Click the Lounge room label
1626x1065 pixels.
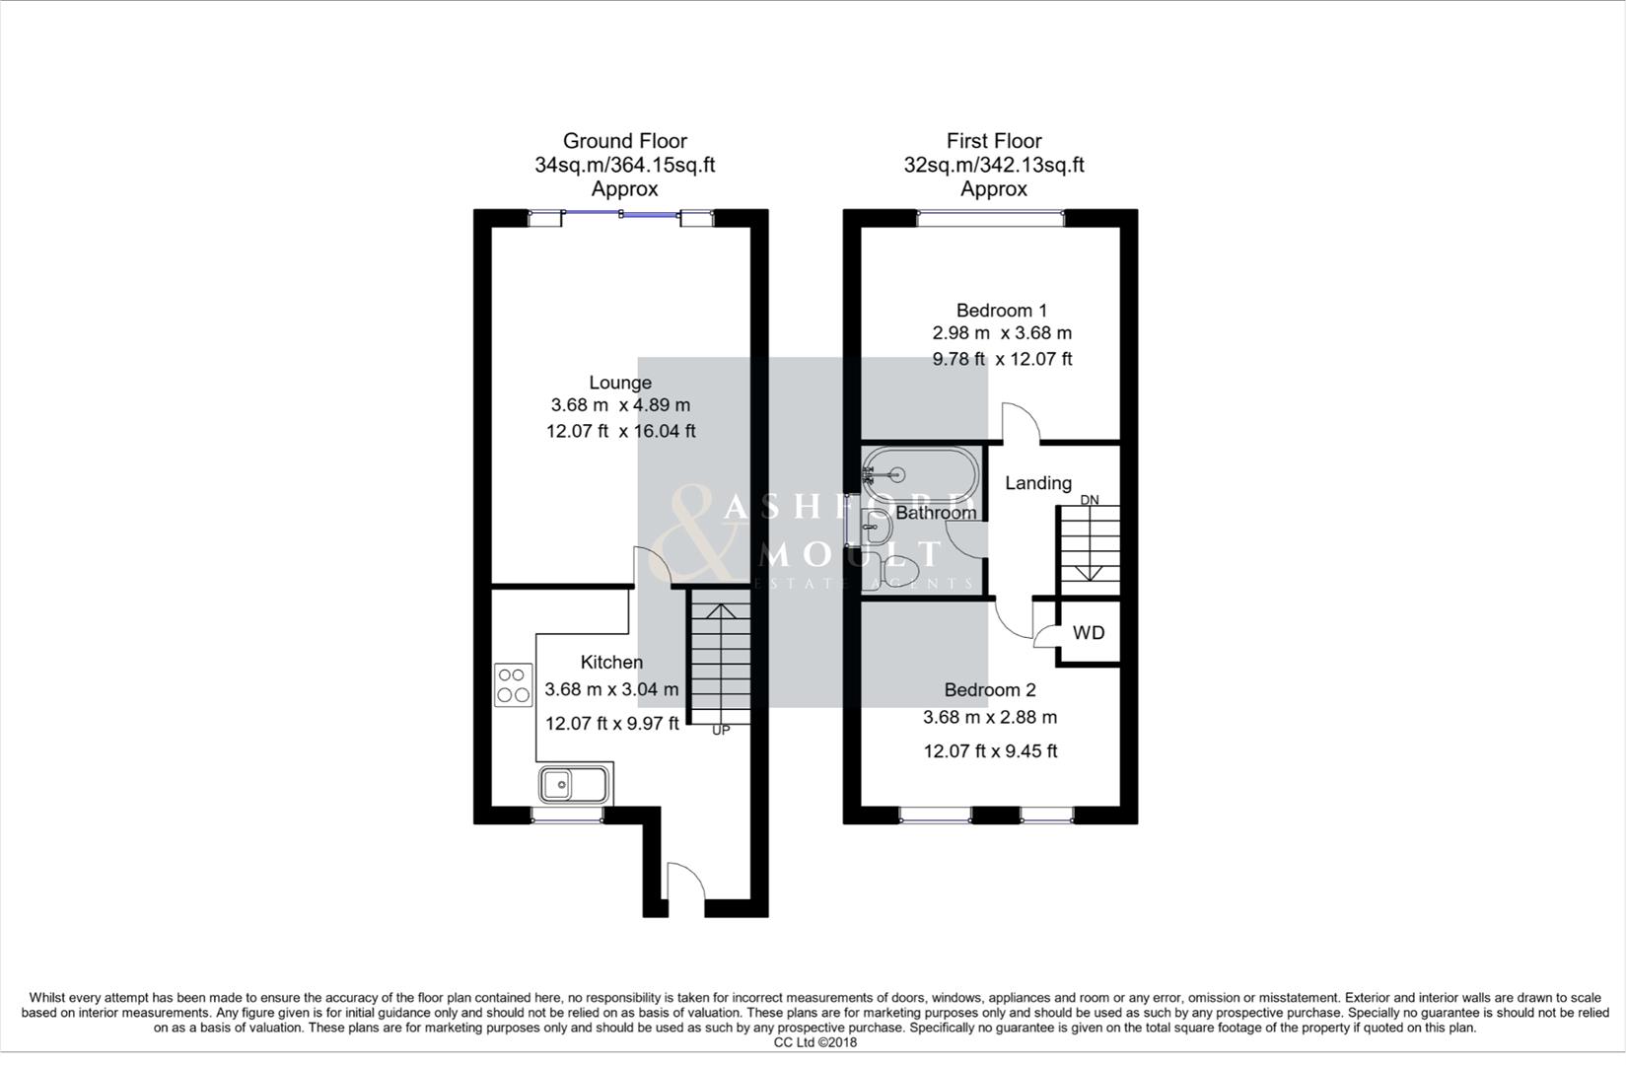(x=620, y=383)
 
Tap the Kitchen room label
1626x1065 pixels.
(x=611, y=663)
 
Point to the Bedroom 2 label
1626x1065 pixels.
(x=990, y=690)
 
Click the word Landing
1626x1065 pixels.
(x=1037, y=483)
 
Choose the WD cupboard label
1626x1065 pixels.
(x=1089, y=633)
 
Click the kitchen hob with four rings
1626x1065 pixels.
(x=513, y=685)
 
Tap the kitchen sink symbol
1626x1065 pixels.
(x=574, y=785)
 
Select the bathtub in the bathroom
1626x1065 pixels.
(x=920, y=475)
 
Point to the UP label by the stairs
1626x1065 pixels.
(x=721, y=731)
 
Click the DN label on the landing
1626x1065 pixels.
(x=1089, y=500)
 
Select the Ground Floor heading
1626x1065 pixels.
(x=624, y=141)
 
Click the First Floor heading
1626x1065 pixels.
(x=994, y=141)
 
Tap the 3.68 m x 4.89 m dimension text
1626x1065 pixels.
(x=620, y=405)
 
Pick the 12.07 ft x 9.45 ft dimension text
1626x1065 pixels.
(x=990, y=751)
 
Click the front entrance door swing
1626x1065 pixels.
(x=684, y=881)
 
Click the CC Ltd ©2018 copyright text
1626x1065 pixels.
(x=814, y=1042)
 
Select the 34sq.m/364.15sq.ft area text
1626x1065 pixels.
(x=624, y=165)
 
